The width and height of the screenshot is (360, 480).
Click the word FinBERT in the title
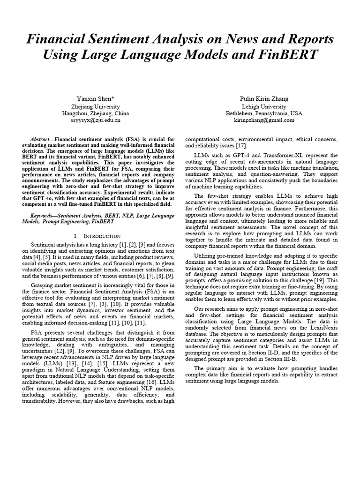287,55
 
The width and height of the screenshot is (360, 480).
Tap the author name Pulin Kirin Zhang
264,98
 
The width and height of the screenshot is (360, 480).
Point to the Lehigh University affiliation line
264,106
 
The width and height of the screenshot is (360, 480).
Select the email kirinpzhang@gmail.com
264,120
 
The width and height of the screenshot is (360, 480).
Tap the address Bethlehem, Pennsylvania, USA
264,113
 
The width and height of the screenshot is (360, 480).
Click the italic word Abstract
40,139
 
